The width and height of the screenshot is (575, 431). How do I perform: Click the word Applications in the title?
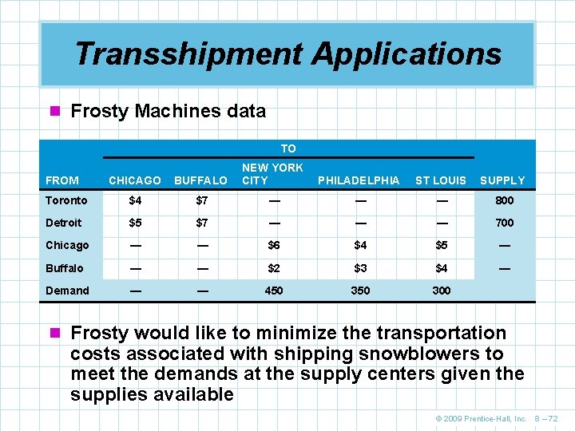tap(406, 54)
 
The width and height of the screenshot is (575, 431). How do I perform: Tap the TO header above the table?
tap(288, 148)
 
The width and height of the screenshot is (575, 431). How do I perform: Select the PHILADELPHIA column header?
tap(359, 180)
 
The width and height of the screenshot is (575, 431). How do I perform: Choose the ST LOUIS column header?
tap(441, 180)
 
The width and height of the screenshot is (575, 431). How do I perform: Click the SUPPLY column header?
tap(502, 180)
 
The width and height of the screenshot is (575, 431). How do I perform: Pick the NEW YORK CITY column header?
tap(272, 174)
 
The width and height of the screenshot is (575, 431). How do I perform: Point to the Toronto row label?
tap(66, 200)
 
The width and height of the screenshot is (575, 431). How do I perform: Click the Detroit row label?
tap(64, 223)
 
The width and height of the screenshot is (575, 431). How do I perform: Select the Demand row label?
tap(67, 291)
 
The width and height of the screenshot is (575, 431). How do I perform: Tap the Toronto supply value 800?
tap(504, 200)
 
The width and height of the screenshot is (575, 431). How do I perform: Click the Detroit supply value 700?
tap(504, 223)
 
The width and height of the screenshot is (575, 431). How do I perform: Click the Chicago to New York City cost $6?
tap(273, 245)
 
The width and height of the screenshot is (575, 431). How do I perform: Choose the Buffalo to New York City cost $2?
tap(273, 268)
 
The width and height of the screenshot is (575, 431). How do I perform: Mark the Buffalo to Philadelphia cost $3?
tap(360, 268)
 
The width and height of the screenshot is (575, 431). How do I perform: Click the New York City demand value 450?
tap(273, 291)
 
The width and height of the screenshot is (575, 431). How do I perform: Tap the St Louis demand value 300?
tap(441, 291)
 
